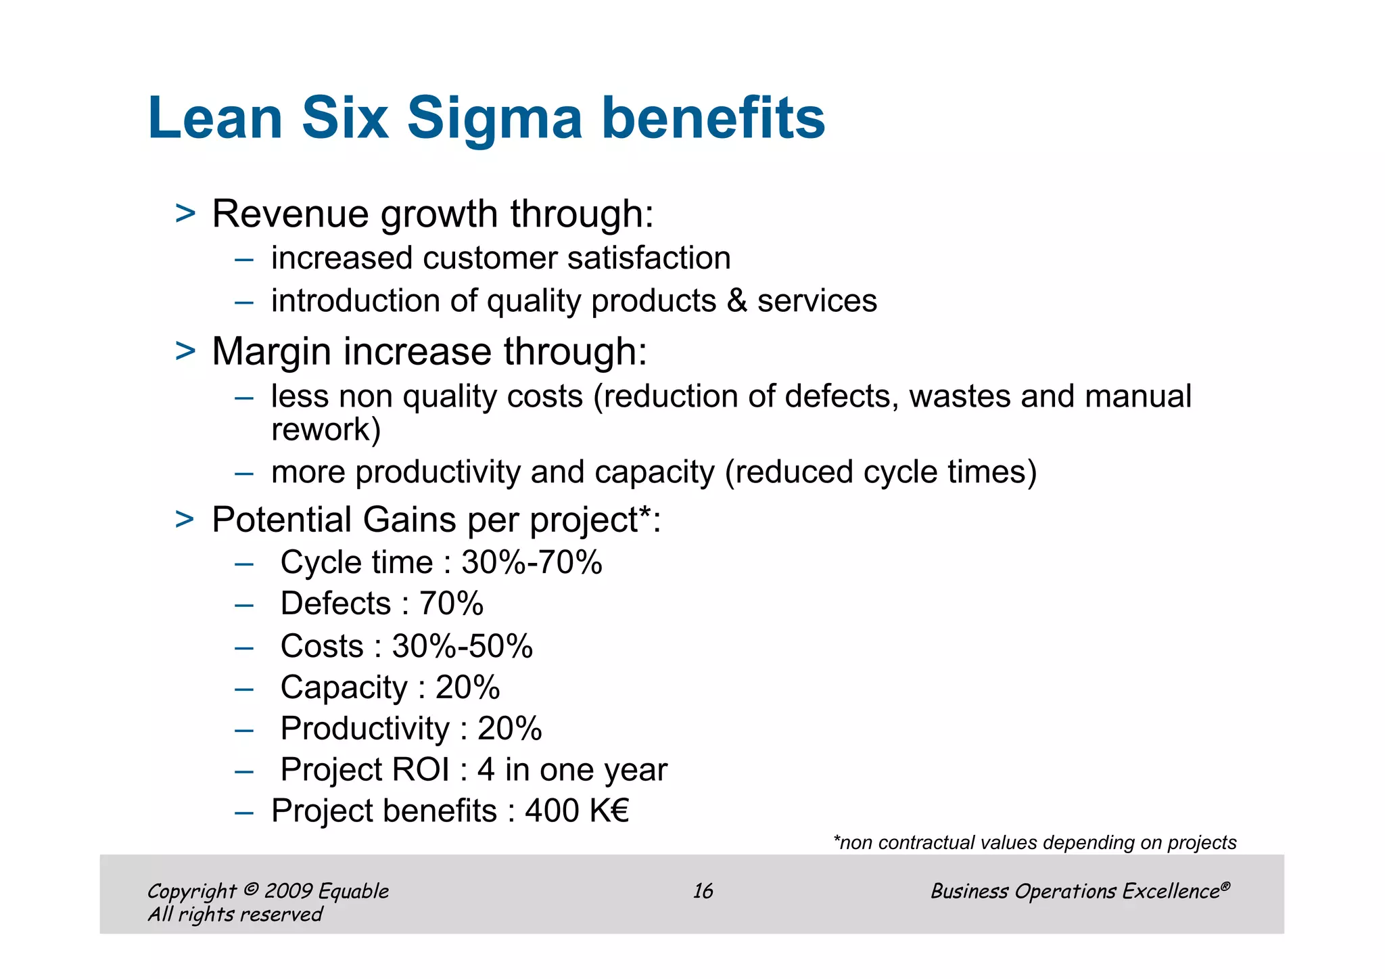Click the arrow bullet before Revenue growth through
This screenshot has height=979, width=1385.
point(185,214)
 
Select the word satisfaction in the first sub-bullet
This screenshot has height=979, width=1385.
point(649,258)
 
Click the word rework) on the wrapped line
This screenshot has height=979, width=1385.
point(326,430)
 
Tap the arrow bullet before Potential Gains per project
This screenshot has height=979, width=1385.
point(185,520)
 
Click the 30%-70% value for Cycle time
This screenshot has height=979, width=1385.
point(532,563)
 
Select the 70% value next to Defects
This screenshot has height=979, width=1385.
point(451,604)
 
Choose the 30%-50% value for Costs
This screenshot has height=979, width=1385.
point(463,646)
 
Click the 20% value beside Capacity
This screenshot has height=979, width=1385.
point(467,688)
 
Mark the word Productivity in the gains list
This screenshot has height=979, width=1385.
point(365,729)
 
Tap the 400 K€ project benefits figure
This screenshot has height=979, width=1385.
point(577,811)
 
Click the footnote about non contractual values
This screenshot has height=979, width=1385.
point(1035,843)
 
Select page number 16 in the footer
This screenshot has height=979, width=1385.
point(703,891)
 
